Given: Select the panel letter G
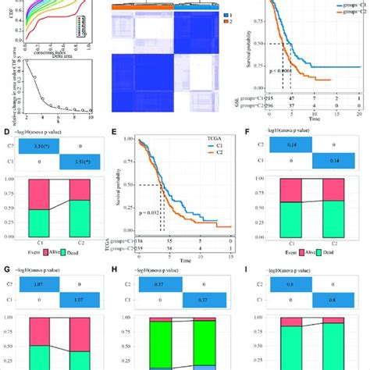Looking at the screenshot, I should click(5, 249).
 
